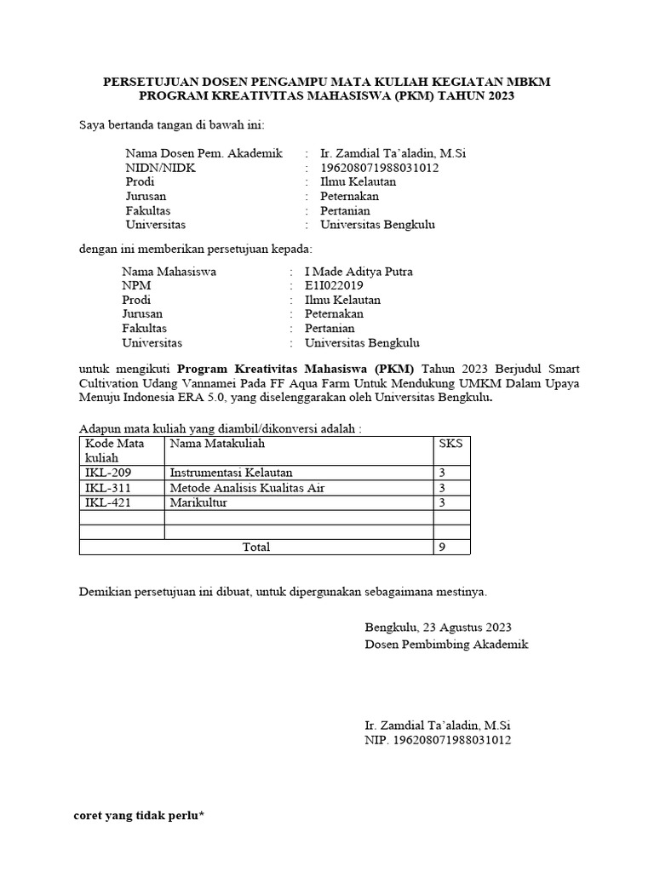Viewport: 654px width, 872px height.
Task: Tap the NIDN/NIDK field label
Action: [x=160, y=168]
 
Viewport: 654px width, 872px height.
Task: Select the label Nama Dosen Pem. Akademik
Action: [x=204, y=153]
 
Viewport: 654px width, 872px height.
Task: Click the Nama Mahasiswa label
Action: [x=169, y=272]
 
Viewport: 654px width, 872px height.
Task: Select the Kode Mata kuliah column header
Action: [x=115, y=450]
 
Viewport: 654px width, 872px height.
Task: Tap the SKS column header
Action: [x=448, y=444]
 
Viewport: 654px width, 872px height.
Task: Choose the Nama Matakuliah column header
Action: [x=217, y=444]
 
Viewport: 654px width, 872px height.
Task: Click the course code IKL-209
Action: [x=109, y=473]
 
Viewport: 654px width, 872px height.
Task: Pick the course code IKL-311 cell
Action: [x=109, y=488]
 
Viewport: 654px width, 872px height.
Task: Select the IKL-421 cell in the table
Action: [x=109, y=502]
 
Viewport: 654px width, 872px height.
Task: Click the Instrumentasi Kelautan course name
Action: [x=231, y=473]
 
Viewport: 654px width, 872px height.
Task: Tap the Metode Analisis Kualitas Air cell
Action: [x=247, y=488]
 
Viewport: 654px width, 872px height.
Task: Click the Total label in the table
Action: [x=256, y=547]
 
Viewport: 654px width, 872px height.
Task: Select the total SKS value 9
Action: [x=442, y=547]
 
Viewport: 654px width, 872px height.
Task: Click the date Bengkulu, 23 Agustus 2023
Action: [x=438, y=628]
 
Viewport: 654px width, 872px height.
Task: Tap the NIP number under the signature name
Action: [x=438, y=741]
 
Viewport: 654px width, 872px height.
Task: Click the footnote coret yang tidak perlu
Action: [x=140, y=816]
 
